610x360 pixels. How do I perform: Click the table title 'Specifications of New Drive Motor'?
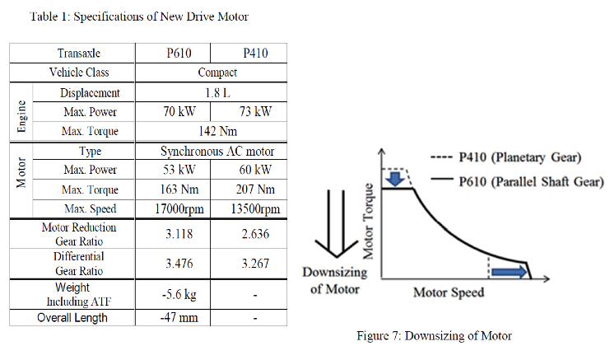point(138,16)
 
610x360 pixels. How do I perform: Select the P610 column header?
point(179,54)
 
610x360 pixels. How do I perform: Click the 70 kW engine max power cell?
point(179,111)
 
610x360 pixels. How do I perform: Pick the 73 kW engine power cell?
point(252,111)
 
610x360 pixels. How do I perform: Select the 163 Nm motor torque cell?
point(179,190)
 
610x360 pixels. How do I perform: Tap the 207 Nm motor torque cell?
point(252,190)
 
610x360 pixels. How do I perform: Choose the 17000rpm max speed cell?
point(179,208)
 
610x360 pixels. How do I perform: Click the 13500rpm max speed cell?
point(252,208)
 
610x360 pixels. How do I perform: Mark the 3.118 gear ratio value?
point(179,233)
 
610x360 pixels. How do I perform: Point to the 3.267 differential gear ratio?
point(252,264)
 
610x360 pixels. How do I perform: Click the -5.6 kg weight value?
point(179,294)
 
